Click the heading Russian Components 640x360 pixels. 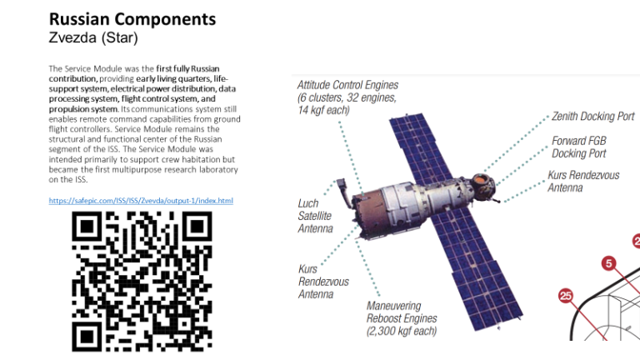[132, 19]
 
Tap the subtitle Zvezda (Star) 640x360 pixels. [94, 37]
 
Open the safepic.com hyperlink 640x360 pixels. [141, 201]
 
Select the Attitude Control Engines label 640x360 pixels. [347, 97]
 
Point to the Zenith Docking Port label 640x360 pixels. [592, 117]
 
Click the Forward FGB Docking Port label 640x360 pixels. [578, 147]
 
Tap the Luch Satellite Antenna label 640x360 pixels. [315, 216]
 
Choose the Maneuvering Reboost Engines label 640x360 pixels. [402, 318]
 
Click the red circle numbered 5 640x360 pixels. [609, 263]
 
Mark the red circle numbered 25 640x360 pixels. [566, 296]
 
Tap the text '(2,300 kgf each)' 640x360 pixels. [402, 331]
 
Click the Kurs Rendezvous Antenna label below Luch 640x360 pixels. [323, 281]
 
